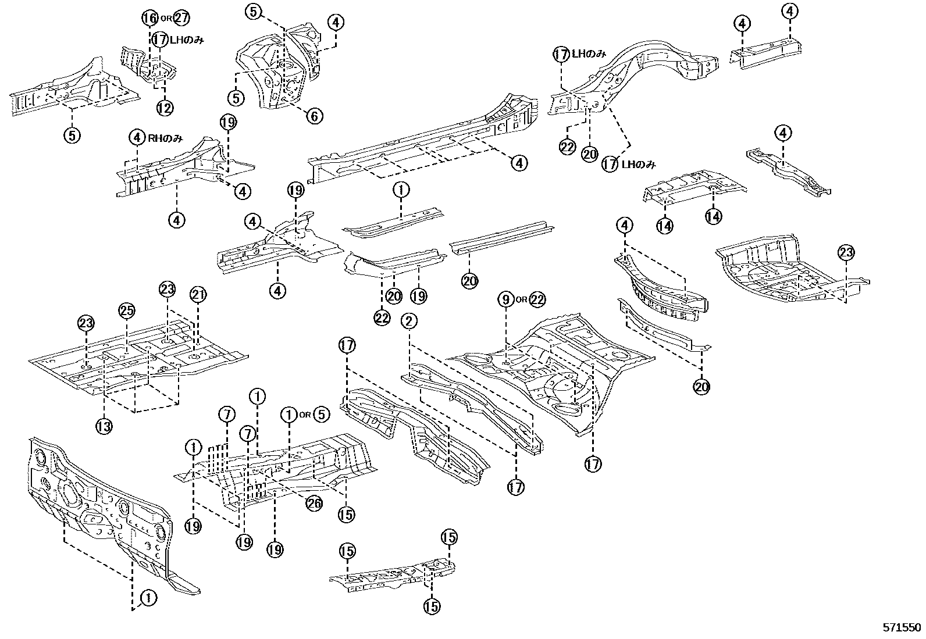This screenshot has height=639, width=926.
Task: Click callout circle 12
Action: (x=165, y=108)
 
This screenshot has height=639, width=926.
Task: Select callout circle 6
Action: (x=314, y=116)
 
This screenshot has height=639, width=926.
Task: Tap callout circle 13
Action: (x=104, y=426)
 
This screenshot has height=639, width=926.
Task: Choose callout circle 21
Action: (x=198, y=296)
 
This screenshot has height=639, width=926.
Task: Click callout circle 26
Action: (x=314, y=504)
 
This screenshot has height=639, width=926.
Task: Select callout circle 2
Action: (x=409, y=320)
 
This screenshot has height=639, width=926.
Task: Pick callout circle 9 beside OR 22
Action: (x=506, y=299)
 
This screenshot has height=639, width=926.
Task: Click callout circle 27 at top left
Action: (x=181, y=17)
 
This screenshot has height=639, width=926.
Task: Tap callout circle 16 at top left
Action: (x=149, y=17)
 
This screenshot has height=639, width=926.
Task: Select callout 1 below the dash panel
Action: (x=148, y=598)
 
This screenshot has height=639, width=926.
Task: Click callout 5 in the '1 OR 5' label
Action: (x=322, y=415)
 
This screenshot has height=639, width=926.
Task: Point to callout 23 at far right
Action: (x=846, y=253)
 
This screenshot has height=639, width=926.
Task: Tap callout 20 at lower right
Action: (x=702, y=385)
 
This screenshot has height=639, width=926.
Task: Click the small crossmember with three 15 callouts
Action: (x=393, y=573)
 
